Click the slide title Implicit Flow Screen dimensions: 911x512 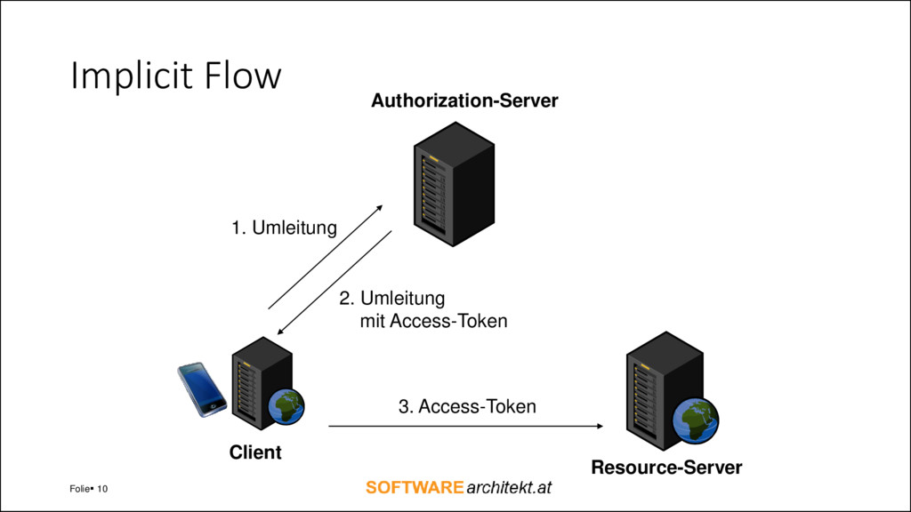[x=176, y=76]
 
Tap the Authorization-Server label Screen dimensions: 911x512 [x=464, y=100]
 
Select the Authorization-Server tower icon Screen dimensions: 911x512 [x=454, y=184]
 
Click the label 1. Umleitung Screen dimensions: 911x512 [x=284, y=228]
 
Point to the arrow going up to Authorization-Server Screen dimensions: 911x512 [x=326, y=257]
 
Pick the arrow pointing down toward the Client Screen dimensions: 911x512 [x=335, y=282]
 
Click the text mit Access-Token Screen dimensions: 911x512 [x=433, y=321]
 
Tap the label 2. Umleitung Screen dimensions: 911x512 [x=392, y=299]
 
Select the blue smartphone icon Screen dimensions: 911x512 [x=202, y=389]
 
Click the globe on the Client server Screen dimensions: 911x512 [x=286, y=407]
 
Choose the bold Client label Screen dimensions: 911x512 [x=255, y=452]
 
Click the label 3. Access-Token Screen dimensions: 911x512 [x=467, y=406]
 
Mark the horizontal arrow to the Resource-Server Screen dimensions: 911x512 [x=466, y=426]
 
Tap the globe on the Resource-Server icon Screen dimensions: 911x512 [x=696, y=420]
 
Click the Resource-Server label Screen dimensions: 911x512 [x=666, y=468]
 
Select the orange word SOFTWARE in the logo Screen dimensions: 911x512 [x=415, y=488]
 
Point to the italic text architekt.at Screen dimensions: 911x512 [x=509, y=488]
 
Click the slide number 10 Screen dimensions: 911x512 [x=102, y=489]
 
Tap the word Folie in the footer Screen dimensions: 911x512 [x=79, y=489]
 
